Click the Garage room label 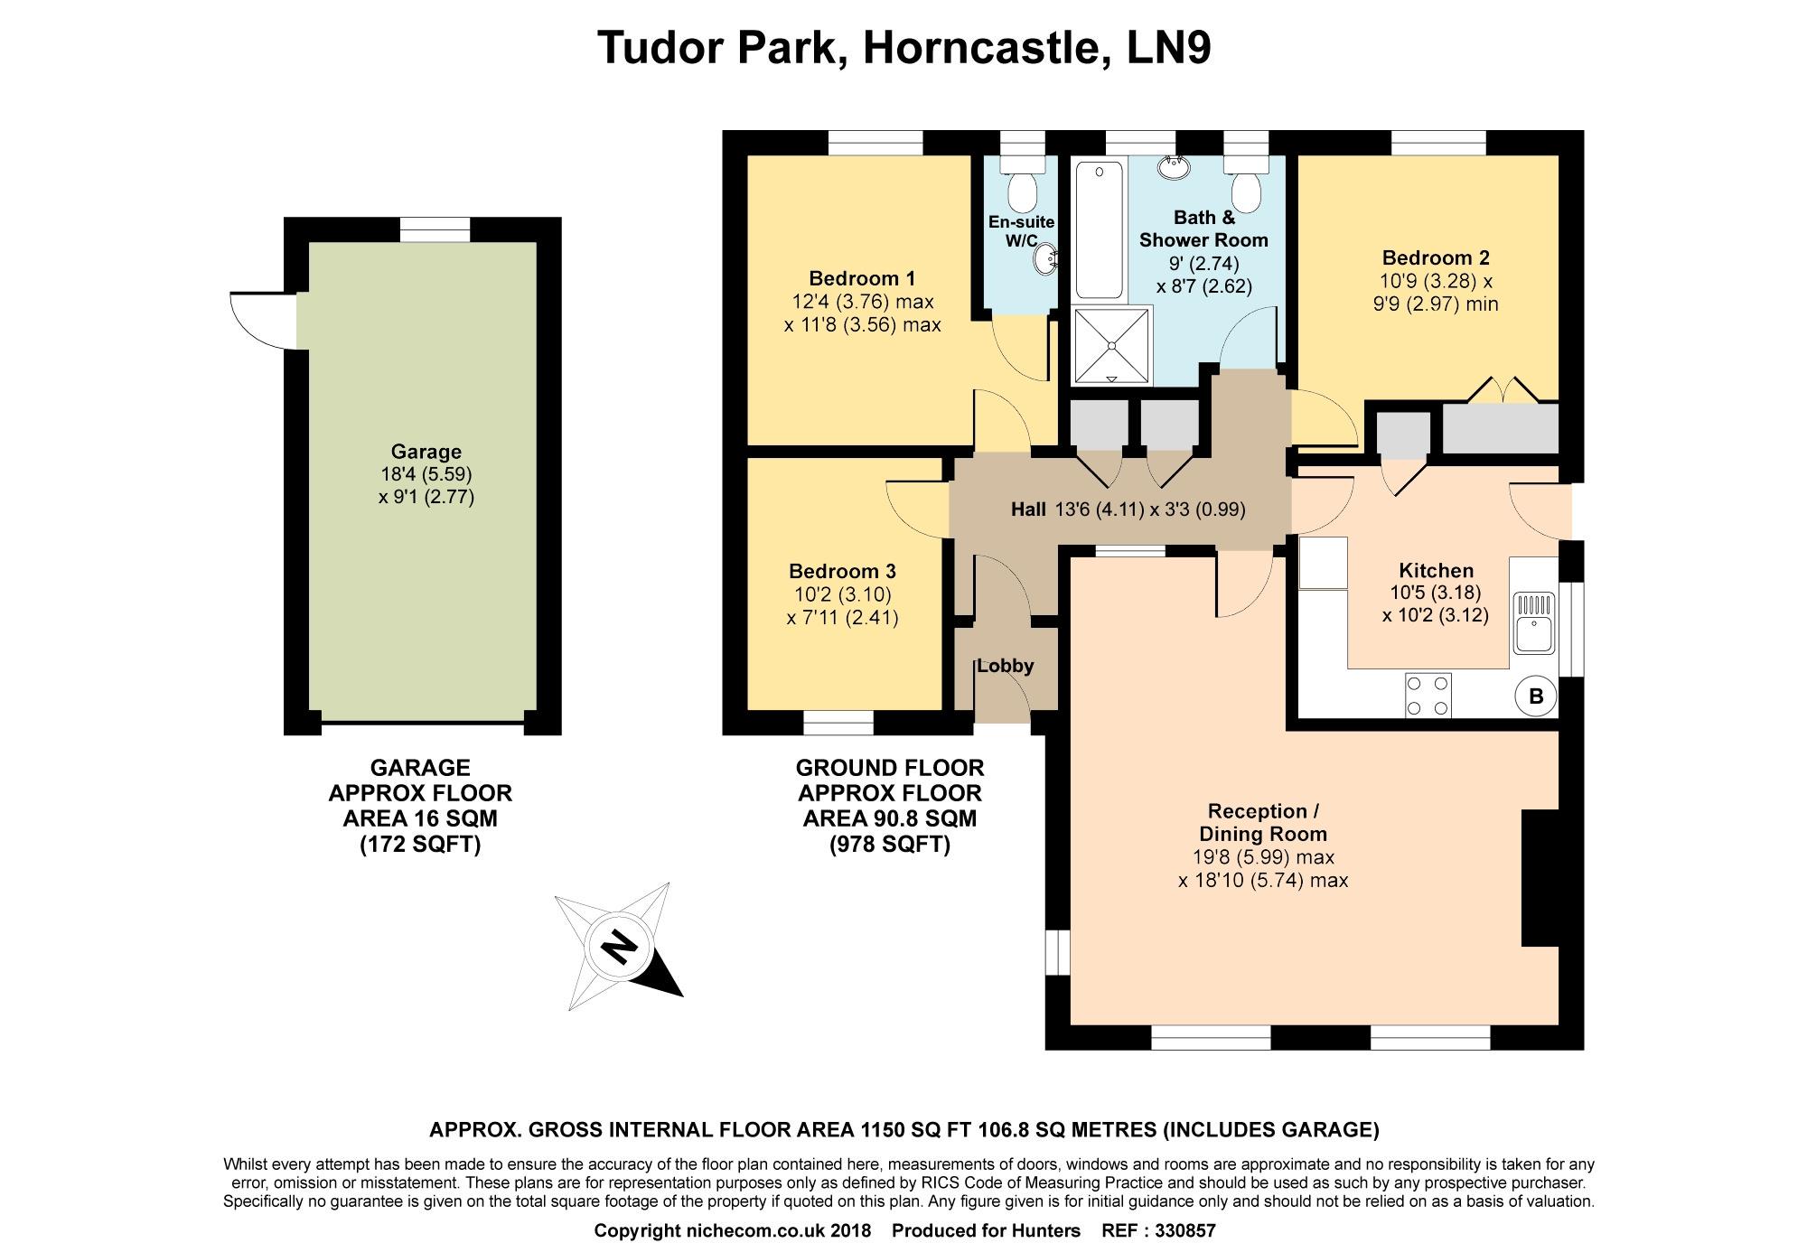pos(426,452)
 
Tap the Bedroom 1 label pos(862,278)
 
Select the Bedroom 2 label pos(1436,257)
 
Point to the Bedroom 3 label pos(842,571)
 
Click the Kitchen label pos(1436,570)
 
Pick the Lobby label pos(1005,666)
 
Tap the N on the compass pos(619,948)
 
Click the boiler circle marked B pos(1535,696)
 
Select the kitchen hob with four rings pos(1428,696)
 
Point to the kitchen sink pos(1534,622)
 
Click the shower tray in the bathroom pos(1112,346)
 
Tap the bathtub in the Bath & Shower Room pos(1099,229)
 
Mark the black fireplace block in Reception pos(1540,878)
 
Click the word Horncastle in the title pos(986,48)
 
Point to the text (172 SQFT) pos(420,845)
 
